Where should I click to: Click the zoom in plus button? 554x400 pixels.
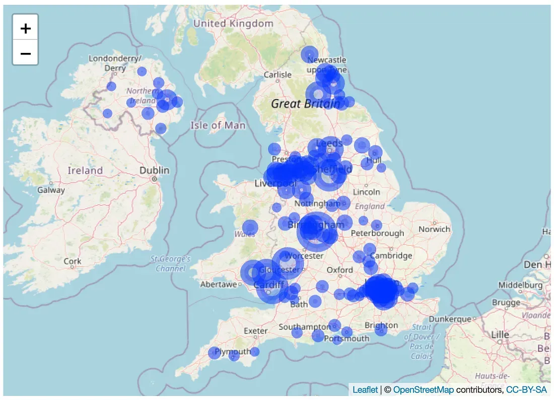tap(25, 28)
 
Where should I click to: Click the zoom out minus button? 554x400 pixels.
tap(25, 53)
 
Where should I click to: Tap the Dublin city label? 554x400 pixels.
tap(155, 170)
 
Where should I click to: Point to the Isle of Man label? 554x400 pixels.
tap(218, 125)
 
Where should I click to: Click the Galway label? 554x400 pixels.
tap(51, 190)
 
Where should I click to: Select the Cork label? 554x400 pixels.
tap(73, 261)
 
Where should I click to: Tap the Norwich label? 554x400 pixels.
tap(434, 229)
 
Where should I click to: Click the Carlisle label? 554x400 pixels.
tap(278, 75)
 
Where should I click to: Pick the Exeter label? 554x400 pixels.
tap(255, 331)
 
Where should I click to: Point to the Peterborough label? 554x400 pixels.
tap(377, 233)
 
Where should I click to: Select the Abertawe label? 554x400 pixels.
tap(219, 285)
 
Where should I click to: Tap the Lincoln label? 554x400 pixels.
tap(366, 192)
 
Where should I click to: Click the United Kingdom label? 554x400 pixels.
tap(233, 24)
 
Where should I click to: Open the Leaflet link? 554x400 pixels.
tap(365, 390)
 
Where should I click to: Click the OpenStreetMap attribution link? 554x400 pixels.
tap(423, 390)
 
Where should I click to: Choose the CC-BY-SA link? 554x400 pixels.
tap(526, 390)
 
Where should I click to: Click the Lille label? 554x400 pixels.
tap(500, 335)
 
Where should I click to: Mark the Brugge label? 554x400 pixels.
tap(506, 303)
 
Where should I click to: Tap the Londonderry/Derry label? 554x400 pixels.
tap(115, 63)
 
